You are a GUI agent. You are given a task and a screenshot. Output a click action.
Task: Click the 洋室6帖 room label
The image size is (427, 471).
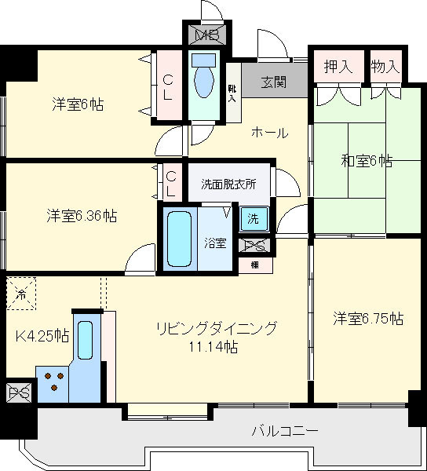(x=78, y=104)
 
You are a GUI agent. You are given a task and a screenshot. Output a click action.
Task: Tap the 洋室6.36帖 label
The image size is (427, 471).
(x=81, y=215)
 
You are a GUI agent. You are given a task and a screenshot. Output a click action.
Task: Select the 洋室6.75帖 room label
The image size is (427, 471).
(x=367, y=319)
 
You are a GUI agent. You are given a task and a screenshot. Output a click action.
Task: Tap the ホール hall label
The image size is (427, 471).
(x=269, y=133)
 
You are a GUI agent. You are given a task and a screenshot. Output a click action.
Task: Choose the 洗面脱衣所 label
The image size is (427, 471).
(x=228, y=185)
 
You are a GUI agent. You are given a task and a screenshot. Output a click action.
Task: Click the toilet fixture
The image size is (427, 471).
(x=205, y=78)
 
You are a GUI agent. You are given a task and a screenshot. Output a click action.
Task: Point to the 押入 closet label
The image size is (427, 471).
(x=338, y=67)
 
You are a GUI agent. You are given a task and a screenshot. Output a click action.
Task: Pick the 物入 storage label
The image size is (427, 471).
(x=385, y=67)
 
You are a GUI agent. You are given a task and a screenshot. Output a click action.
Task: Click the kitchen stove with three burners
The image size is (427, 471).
(x=54, y=383)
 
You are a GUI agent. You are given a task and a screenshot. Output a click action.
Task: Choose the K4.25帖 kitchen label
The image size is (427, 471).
(x=42, y=337)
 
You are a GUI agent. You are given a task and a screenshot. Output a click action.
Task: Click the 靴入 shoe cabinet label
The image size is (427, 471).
(x=232, y=94)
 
